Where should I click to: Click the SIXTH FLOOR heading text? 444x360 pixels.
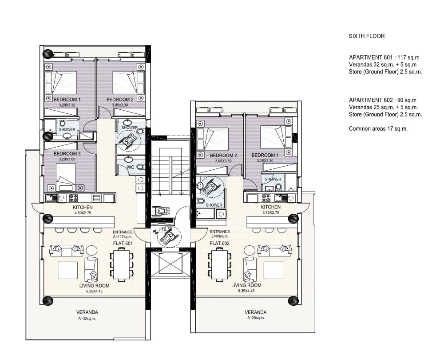tap(367, 36)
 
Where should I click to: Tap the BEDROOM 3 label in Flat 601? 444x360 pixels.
tap(67, 154)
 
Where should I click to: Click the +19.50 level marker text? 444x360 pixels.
tap(166, 229)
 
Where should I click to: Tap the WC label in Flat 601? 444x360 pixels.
tap(130, 167)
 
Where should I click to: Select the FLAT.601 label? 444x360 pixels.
tap(123, 243)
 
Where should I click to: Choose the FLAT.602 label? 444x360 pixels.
tap(220, 243)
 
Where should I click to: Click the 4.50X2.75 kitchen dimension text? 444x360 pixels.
tap(83, 212)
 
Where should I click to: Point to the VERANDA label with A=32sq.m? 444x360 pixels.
tap(87, 312)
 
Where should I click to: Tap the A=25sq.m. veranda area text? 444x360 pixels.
tap(256, 318)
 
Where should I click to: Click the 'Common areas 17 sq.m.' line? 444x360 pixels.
tap(378, 129)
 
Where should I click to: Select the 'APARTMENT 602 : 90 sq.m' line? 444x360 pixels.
tap(383, 100)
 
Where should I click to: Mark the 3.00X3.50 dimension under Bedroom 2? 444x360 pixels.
tap(223, 161)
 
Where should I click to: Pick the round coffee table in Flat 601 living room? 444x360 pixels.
tap(91, 251)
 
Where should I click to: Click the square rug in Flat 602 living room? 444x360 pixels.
tap(274, 270)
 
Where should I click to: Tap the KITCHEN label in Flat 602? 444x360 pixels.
tap(271, 207)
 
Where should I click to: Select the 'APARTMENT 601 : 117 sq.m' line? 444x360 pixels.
tap(384, 57)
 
